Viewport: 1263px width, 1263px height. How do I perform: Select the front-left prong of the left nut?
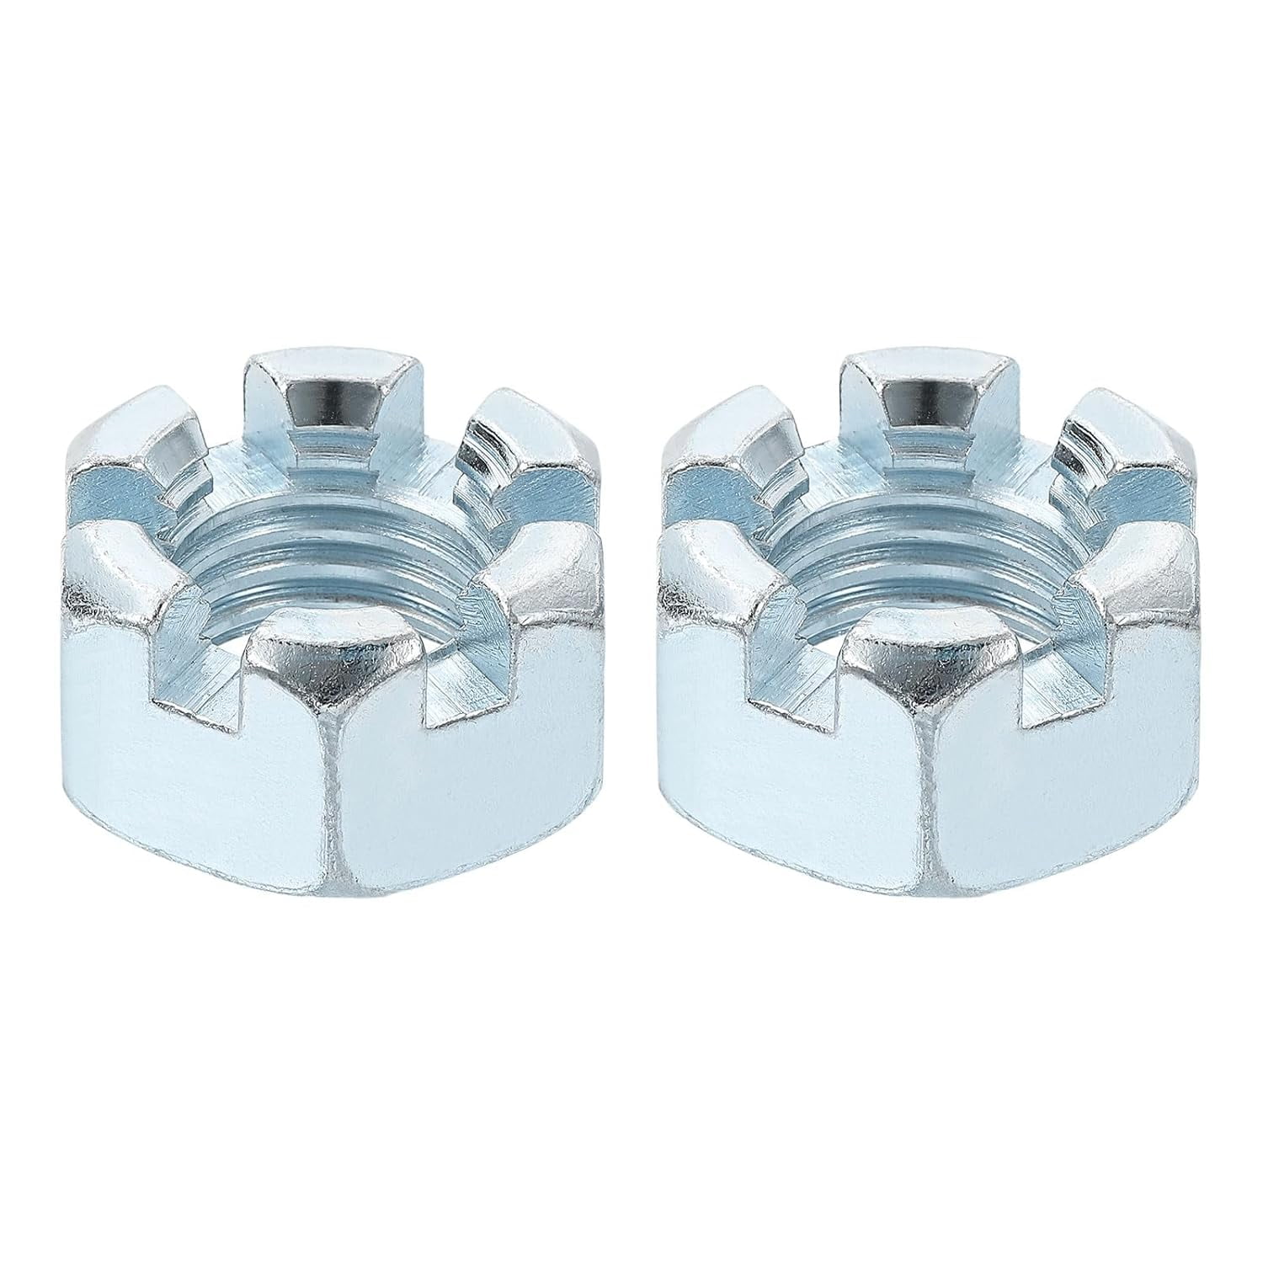pyautogui.click(x=126, y=581)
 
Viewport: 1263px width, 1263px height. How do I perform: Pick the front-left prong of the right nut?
pyautogui.click(x=720, y=581)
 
